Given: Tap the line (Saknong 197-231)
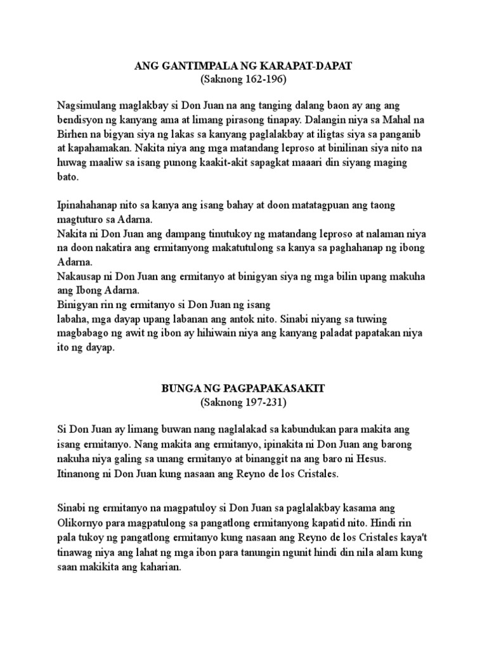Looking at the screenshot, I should click(x=243, y=402).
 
